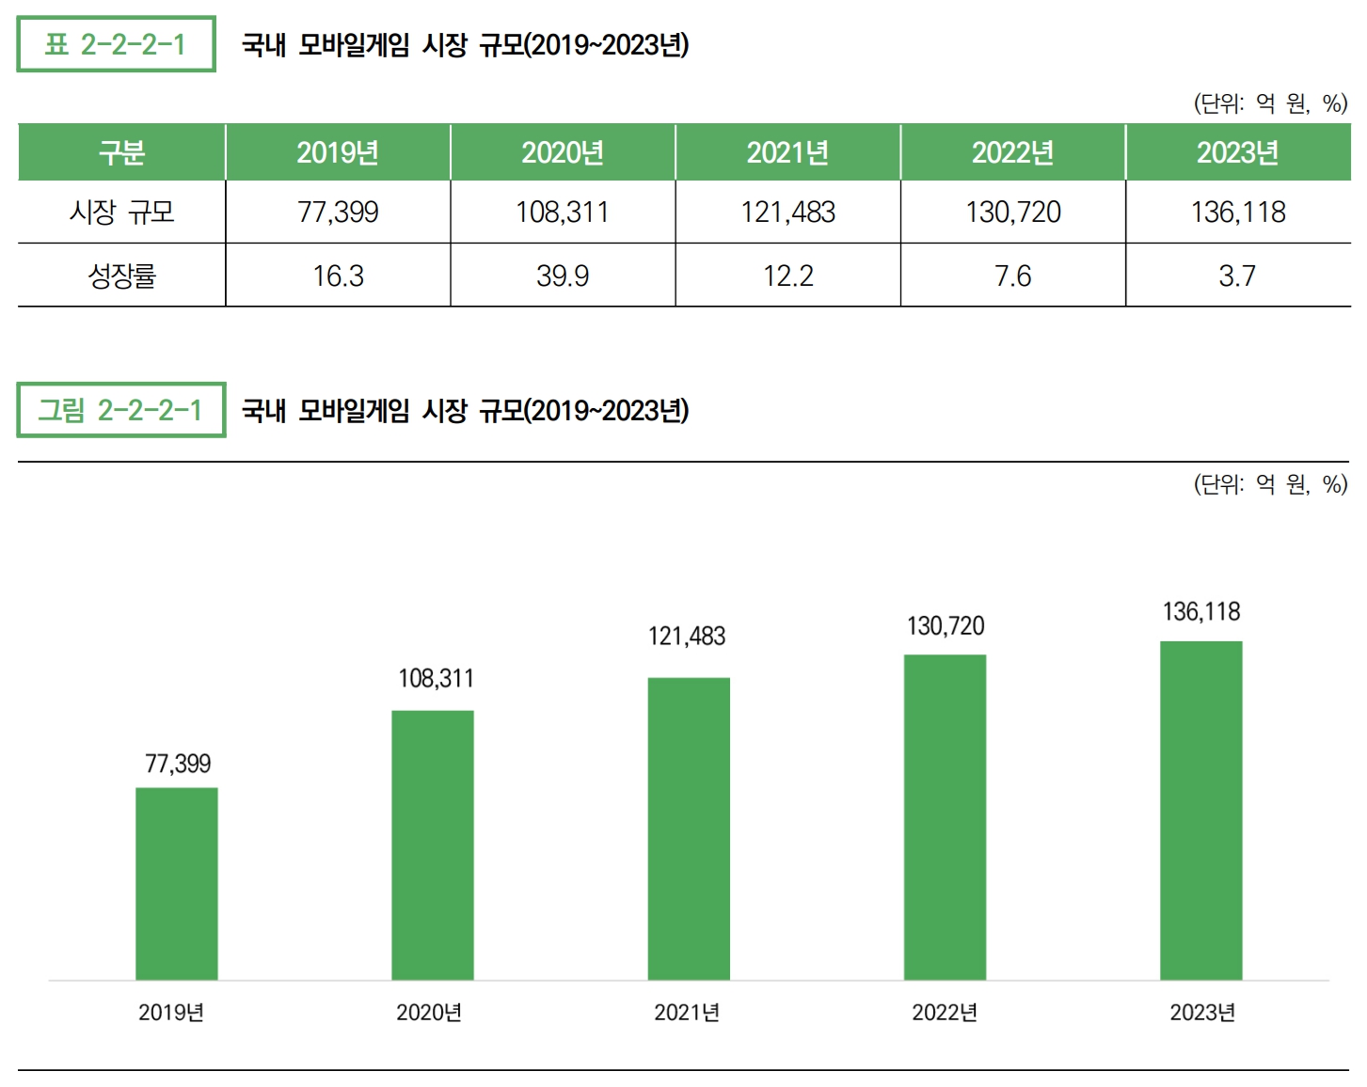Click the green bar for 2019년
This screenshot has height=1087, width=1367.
(177, 884)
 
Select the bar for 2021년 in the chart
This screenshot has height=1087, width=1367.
(689, 828)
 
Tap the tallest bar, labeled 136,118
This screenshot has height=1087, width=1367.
(1200, 811)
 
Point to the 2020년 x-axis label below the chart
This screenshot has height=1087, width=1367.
(429, 1013)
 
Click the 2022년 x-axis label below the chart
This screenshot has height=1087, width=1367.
(945, 1013)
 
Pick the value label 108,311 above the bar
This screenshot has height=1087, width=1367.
(436, 678)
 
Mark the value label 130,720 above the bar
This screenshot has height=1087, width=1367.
(946, 626)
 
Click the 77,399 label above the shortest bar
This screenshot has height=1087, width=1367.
(178, 764)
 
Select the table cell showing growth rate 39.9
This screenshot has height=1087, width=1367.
(563, 276)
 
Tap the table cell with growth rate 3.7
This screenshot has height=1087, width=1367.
(1237, 276)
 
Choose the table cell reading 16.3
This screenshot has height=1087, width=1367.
(338, 276)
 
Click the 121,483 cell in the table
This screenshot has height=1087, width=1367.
(787, 213)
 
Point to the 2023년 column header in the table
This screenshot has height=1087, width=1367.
(1237, 152)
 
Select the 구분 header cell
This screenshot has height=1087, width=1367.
(121, 152)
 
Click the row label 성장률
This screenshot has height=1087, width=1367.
(121, 276)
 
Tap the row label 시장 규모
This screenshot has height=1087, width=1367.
(121, 213)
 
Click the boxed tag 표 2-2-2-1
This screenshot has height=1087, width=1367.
(116, 44)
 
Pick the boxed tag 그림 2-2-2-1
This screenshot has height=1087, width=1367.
(120, 410)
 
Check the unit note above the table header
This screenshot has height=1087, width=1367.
(1270, 103)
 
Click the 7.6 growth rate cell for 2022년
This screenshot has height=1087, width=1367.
(1012, 276)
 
